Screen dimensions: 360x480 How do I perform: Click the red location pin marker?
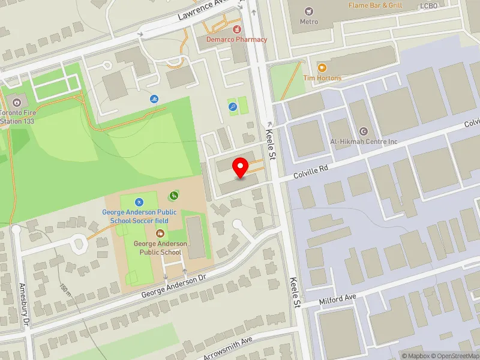(241, 167)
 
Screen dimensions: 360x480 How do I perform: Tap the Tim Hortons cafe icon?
(322, 68)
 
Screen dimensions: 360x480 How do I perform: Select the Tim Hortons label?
(322, 78)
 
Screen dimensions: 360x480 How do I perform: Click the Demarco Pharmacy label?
(236, 40)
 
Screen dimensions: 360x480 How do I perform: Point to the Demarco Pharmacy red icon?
(236, 28)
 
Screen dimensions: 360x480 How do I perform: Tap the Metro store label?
(308, 22)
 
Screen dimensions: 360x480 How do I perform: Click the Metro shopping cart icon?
(308, 11)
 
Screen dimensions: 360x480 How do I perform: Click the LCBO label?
(429, 6)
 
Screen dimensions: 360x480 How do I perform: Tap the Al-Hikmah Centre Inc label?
(364, 142)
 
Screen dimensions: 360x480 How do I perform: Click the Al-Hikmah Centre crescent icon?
(363, 131)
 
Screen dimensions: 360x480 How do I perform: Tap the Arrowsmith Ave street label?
(229, 348)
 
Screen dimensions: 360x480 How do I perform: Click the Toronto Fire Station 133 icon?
(16, 101)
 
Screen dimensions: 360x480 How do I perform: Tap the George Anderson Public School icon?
(160, 233)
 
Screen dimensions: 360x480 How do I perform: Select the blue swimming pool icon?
(155, 99)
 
